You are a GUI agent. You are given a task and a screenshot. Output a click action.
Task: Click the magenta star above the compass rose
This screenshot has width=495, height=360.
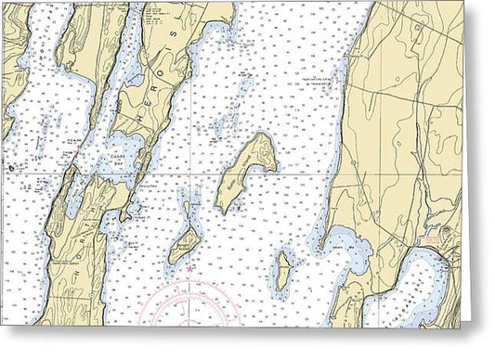pos(191,269)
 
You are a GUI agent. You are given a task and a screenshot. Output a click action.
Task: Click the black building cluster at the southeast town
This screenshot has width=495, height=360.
pos(449,249)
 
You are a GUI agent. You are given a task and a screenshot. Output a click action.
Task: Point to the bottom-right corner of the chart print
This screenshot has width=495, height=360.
pos(462,326)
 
